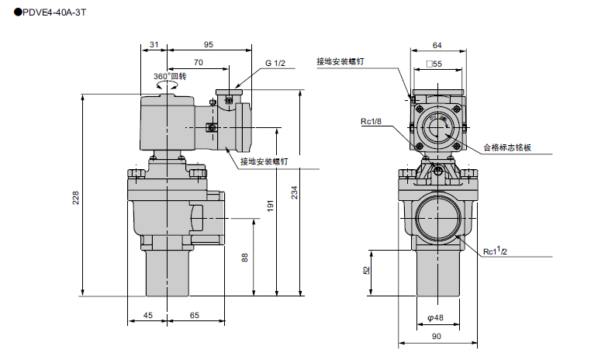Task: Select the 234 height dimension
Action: [294, 194]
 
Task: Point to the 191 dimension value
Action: [271, 206]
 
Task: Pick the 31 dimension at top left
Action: [154, 45]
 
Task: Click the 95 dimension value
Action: [209, 45]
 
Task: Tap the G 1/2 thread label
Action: [275, 62]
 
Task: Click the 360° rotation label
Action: [170, 76]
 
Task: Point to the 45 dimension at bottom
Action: [147, 316]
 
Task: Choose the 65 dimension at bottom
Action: [195, 316]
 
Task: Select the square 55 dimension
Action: [434, 64]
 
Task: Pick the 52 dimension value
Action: [366, 271]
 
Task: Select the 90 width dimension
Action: [436, 336]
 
